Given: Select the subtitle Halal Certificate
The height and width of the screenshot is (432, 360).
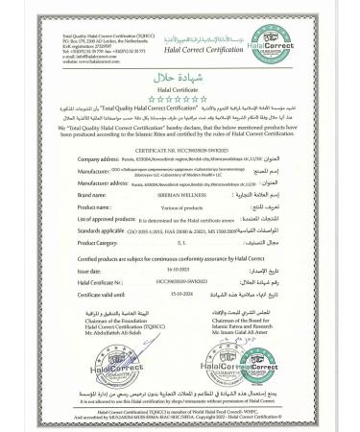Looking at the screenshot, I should [x=180, y=88].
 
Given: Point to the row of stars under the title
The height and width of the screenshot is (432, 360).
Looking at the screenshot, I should [x=180, y=99].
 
